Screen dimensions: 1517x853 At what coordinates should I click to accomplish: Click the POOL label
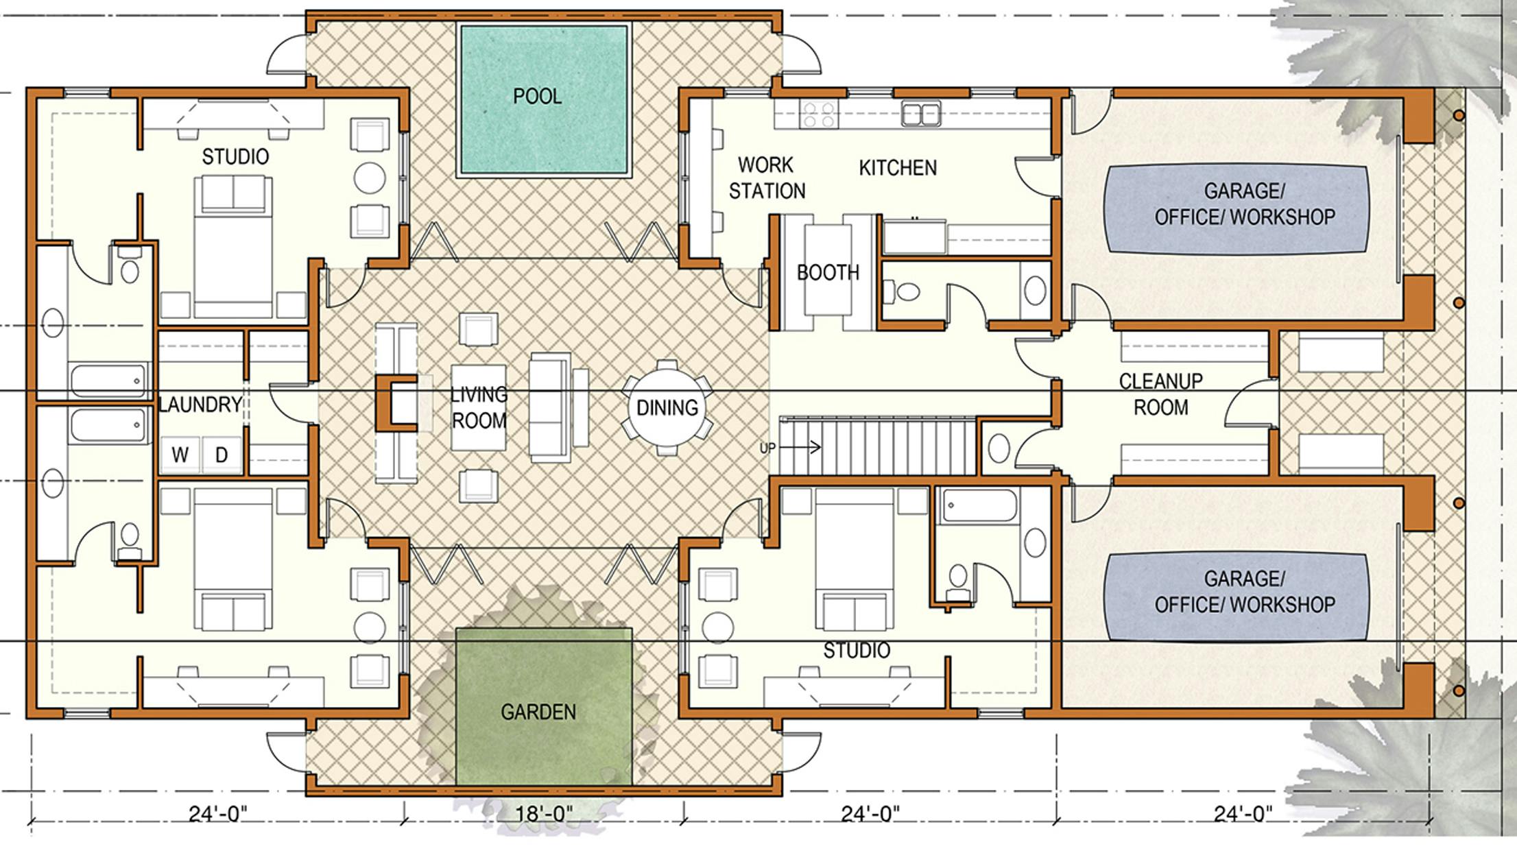point(537,96)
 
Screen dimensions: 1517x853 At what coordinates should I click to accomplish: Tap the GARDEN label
point(538,712)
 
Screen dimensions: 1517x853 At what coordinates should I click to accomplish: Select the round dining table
point(667,407)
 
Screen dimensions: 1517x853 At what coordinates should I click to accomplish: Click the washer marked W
point(180,455)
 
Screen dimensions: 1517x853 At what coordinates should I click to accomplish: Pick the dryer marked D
point(221,455)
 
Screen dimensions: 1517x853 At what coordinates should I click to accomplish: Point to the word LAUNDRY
point(200,405)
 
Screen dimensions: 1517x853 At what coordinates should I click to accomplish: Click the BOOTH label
point(828,273)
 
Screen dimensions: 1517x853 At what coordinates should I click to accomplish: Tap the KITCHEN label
point(898,168)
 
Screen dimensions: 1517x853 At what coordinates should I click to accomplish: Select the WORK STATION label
point(767,178)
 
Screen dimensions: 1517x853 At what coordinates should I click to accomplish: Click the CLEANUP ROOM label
point(1160,394)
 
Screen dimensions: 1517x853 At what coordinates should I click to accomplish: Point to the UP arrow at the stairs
point(800,448)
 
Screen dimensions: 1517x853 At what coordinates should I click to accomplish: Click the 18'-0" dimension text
point(544,814)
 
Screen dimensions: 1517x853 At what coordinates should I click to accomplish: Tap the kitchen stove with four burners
point(820,115)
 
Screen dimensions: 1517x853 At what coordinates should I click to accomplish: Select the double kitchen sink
point(921,114)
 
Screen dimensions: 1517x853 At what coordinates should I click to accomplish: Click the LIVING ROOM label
point(479,407)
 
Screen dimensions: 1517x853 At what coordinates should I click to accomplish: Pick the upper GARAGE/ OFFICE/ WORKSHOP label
point(1245,204)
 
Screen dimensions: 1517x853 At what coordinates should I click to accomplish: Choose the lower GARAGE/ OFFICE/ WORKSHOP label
point(1245,591)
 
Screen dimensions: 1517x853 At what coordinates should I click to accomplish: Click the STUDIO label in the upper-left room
point(235,157)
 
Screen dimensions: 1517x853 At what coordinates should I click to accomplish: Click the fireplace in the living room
point(396,403)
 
